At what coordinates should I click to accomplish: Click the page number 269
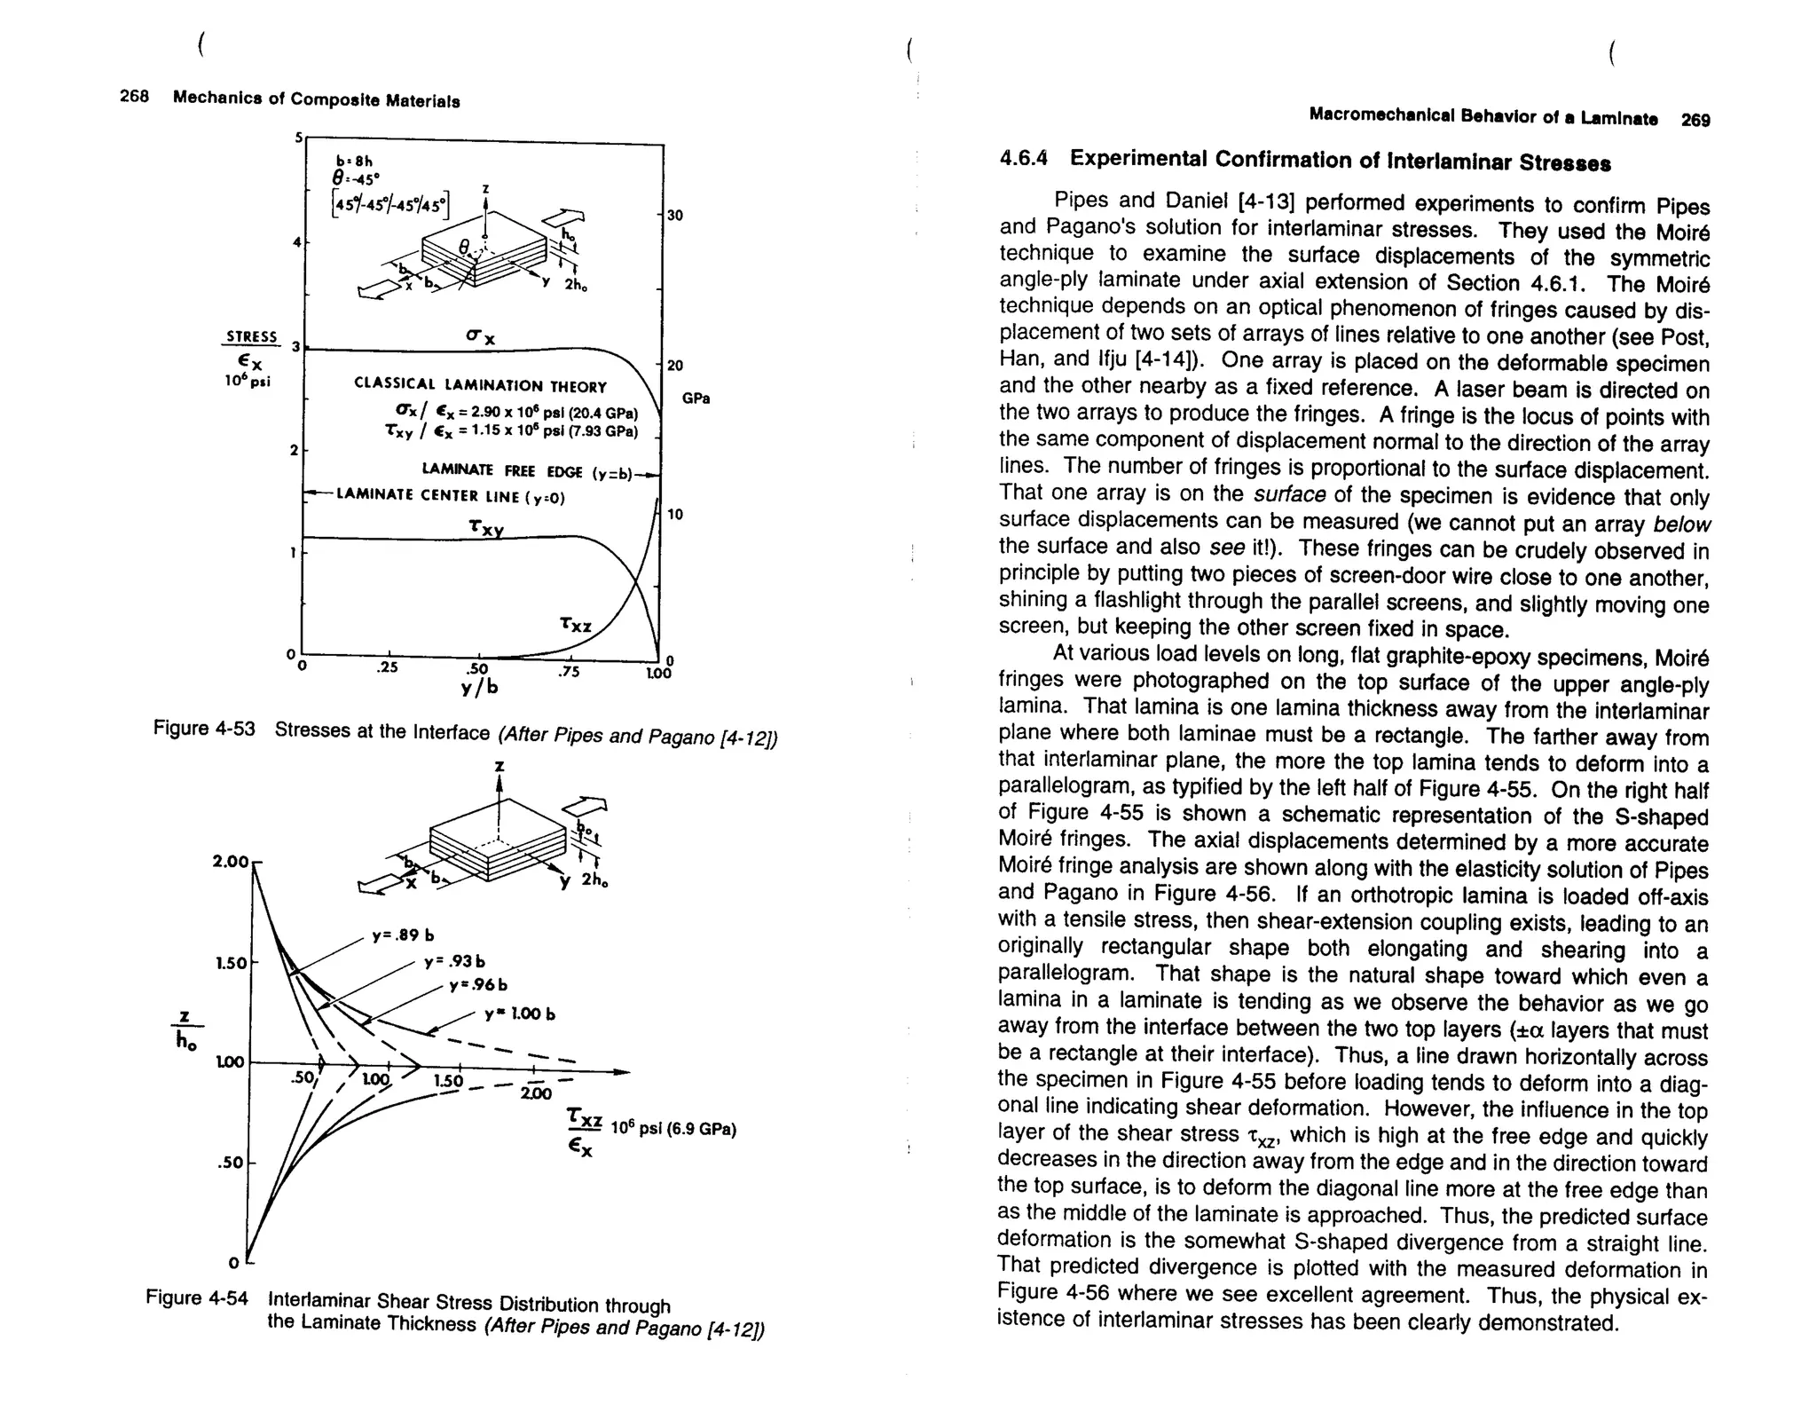[1695, 120]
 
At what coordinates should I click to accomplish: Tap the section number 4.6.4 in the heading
[1023, 158]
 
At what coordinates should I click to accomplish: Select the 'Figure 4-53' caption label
[204, 729]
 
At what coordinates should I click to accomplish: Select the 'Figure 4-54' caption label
[197, 1298]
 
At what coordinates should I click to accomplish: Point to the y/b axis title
[480, 688]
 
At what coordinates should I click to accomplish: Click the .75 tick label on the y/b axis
[568, 672]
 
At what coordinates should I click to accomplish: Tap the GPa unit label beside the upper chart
[696, 398]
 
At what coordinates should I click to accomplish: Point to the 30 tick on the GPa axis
[675, 216]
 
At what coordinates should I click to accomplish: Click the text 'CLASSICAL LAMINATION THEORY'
[480, 386]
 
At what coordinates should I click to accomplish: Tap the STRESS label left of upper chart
[251, 337]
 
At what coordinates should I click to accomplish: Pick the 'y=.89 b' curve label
[403, 935]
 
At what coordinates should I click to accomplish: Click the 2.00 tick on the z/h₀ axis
[231, 862]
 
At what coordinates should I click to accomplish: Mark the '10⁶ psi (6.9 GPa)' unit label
[674, 1130]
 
